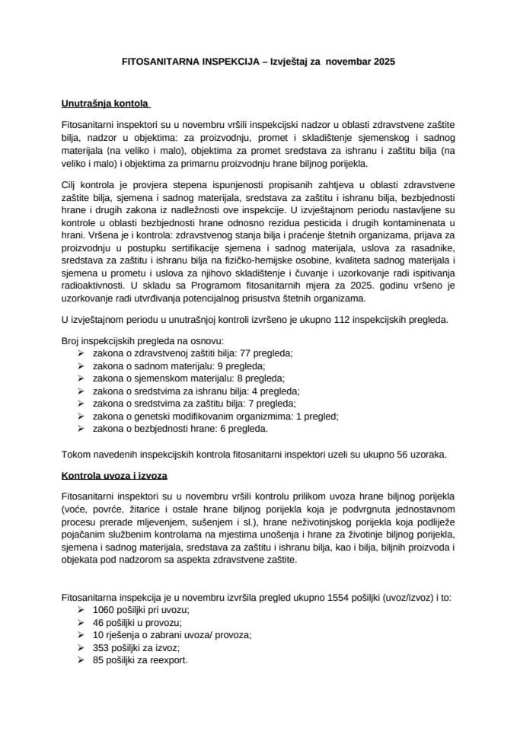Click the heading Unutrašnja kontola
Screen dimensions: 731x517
[x=106, y=101]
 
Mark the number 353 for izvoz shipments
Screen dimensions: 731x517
[x=101, y=648]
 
